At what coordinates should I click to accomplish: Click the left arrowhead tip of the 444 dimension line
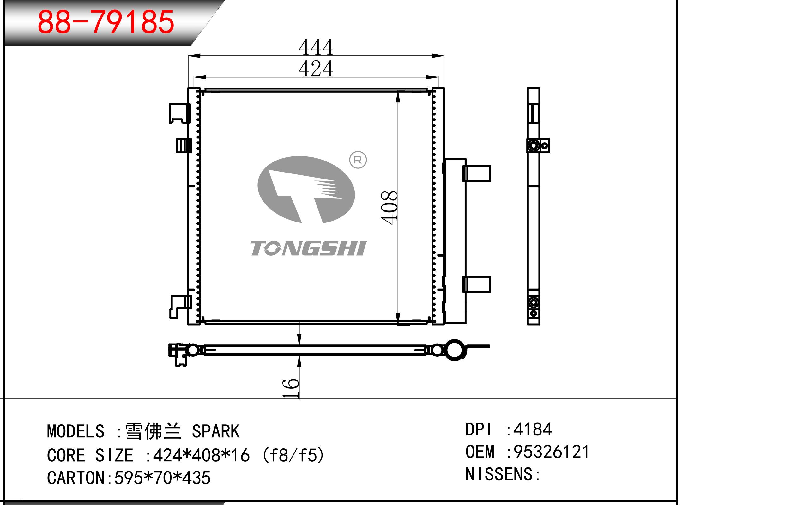coord(188,56)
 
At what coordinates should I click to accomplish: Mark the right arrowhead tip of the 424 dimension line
coord(438,77)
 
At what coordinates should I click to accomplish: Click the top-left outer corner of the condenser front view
coord(188,88)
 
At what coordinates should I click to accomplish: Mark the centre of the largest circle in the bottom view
coord(454,350)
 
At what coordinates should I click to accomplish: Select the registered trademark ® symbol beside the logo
coord(358,160)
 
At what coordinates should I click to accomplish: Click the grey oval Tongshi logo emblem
coord(306,190)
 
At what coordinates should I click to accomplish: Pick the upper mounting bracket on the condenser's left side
coord(179,113)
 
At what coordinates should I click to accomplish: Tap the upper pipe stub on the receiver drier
coord(477,173)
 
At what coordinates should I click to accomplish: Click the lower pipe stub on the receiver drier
coord(477,284)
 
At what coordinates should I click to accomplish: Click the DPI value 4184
coord(533,429)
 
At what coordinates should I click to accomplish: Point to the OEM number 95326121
coord(552,452)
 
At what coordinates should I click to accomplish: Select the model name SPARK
coord(216,431)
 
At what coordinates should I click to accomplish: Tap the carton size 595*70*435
coord(162,478)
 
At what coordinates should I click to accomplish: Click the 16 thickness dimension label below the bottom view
coord(291,388)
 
